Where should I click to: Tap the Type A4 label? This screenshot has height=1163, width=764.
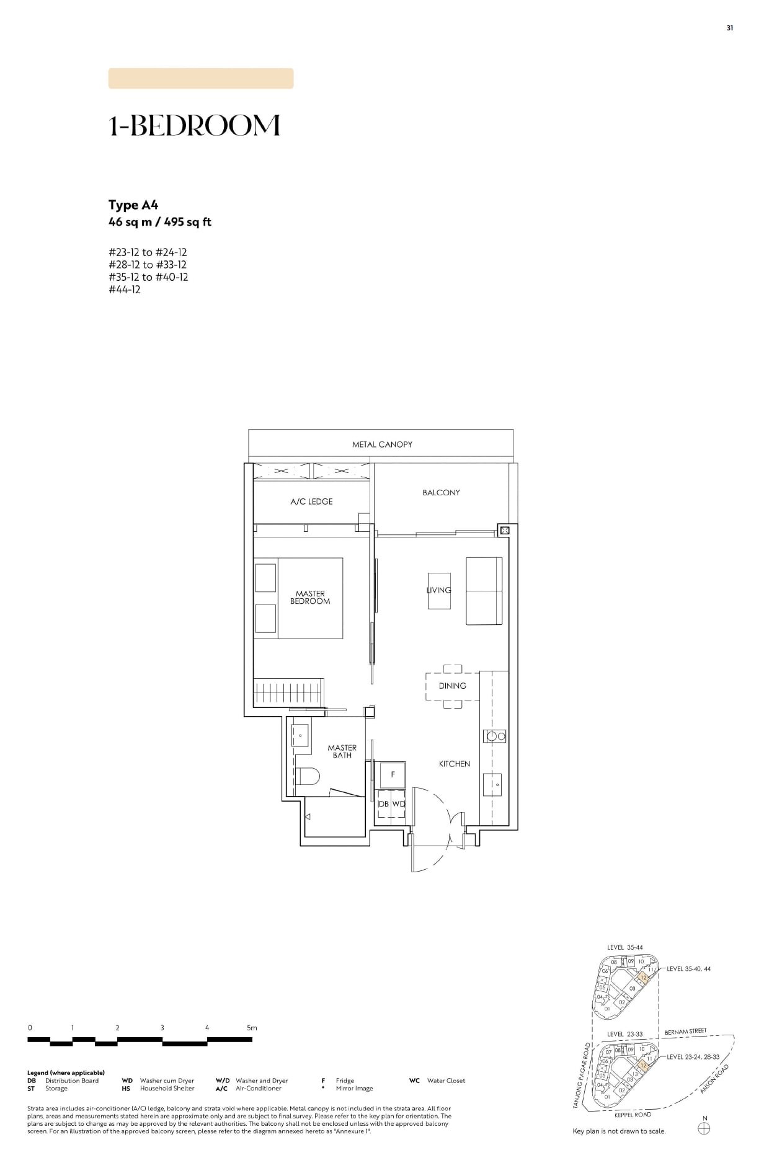coord(133,205)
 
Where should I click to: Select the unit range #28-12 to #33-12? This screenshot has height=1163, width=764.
coord(148,265)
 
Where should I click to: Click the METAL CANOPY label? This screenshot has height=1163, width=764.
coord(382,444)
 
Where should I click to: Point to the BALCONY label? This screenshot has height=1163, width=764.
coord(441,492)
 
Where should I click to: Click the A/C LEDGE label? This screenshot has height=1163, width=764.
coord(311,502)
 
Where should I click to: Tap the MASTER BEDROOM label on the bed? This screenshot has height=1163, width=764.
coord(310,598)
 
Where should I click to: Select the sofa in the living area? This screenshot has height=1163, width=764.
coord(484,591)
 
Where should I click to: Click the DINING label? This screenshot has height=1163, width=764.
coord(452,686)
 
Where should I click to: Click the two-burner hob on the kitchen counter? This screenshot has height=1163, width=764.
coord(495,736)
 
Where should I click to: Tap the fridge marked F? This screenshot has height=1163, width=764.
coord(392,775)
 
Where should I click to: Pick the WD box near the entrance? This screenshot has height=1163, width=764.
coord(398,804)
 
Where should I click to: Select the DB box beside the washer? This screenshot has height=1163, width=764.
coord(383,804)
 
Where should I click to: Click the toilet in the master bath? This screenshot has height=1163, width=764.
coord(308,776)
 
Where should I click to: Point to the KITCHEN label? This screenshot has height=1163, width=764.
coord(455,764)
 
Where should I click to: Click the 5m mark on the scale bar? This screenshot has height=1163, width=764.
coord(251,1028)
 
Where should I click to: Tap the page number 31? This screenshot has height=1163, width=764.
coord(730,28)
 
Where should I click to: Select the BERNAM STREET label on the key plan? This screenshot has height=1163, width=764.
coord(685,1032)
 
